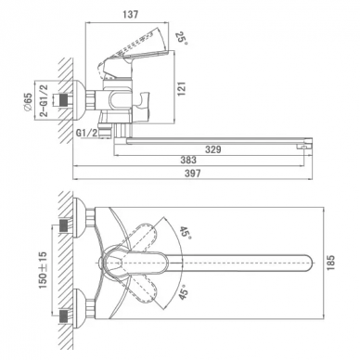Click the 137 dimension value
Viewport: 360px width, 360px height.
130,15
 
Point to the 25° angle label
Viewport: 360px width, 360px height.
182,38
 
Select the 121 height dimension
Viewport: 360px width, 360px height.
182,89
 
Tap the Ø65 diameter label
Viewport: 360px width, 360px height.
28,102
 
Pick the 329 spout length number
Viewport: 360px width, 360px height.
213,149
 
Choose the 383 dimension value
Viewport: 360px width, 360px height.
188,160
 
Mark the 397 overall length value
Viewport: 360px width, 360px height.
192,174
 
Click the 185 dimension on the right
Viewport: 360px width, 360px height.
330,263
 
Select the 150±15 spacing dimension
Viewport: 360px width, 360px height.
43,270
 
